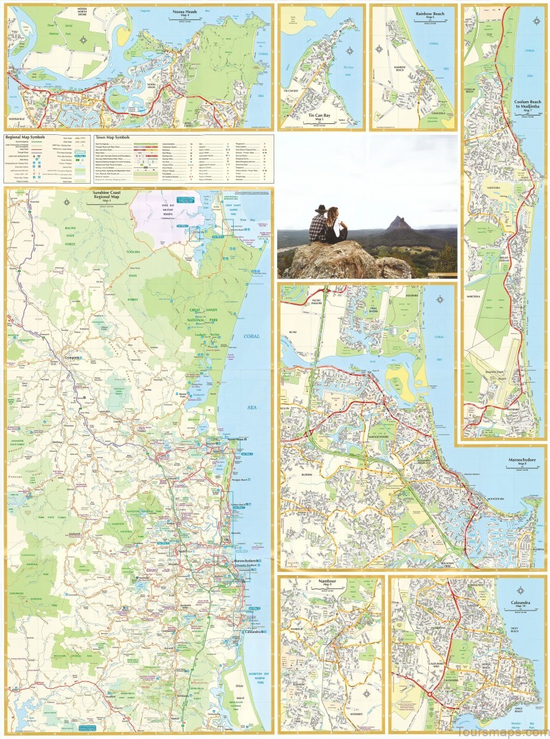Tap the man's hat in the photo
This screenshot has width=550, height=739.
coord(319,208)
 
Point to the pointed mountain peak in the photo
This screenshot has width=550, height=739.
coord(396,222)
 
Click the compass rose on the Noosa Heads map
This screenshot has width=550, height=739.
coord(83,40)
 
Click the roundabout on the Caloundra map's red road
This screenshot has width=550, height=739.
coord(429,696)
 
